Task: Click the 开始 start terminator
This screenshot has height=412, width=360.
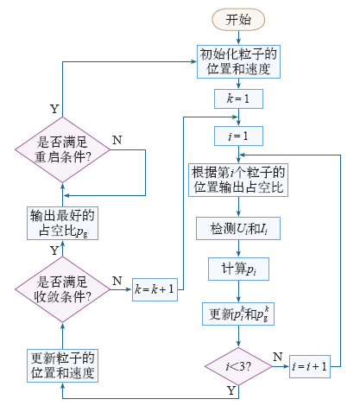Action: (238, 20)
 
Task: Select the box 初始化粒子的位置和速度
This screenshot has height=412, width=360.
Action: (238, 61)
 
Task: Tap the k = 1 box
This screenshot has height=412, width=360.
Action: (238, 98)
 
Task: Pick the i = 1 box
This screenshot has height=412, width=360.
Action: (238, 136)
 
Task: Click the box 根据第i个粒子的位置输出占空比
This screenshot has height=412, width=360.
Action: (238, 181)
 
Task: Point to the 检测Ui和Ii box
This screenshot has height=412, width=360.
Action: (238, 229)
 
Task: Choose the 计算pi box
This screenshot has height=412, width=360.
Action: (238, 269)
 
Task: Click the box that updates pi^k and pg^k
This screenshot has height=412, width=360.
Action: (238, 314)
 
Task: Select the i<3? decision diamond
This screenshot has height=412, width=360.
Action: (238, 366)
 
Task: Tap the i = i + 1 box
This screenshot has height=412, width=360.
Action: (310, 366)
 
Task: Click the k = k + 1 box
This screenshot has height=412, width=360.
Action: (155, 289)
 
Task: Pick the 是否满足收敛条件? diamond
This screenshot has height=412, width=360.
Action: (62, 289)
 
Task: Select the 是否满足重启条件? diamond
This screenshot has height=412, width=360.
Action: (62, 149)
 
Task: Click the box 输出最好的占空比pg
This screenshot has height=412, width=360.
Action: (62, 223)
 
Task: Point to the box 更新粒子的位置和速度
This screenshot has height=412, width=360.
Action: (62, 365)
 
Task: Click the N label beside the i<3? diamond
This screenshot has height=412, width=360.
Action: (278, 357)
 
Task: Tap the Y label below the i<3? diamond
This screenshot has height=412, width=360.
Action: (231, 390)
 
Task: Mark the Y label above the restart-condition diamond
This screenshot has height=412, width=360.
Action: (54, 109)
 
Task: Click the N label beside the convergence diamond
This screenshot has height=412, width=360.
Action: (117, 281)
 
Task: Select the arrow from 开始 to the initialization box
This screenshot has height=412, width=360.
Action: (238, 38)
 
